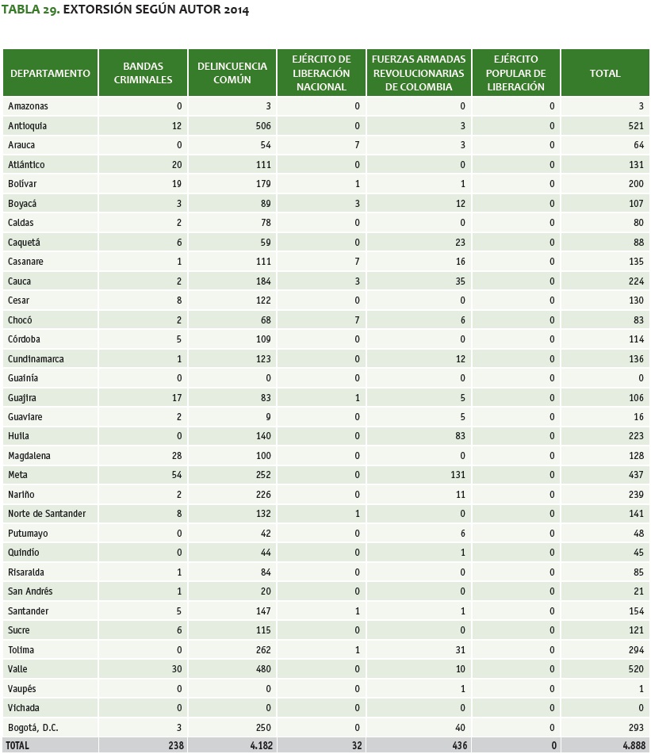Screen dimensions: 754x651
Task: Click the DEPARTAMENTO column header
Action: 50,73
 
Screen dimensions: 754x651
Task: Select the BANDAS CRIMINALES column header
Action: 143,73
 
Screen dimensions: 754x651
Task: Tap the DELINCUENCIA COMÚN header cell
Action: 232,73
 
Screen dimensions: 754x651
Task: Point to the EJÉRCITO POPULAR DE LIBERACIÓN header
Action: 515,73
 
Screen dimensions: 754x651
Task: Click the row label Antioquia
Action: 28,125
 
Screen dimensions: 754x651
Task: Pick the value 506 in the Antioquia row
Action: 263,125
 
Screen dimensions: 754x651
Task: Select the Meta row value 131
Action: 456,475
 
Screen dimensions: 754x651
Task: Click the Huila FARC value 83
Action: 459,436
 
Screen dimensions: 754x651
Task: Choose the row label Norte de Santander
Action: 47,514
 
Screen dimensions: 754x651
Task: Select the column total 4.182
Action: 258,746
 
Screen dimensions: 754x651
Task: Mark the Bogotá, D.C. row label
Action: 33,728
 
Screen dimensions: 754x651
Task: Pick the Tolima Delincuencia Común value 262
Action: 263,649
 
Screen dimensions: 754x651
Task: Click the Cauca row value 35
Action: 459,281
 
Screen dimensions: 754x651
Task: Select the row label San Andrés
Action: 30,591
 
